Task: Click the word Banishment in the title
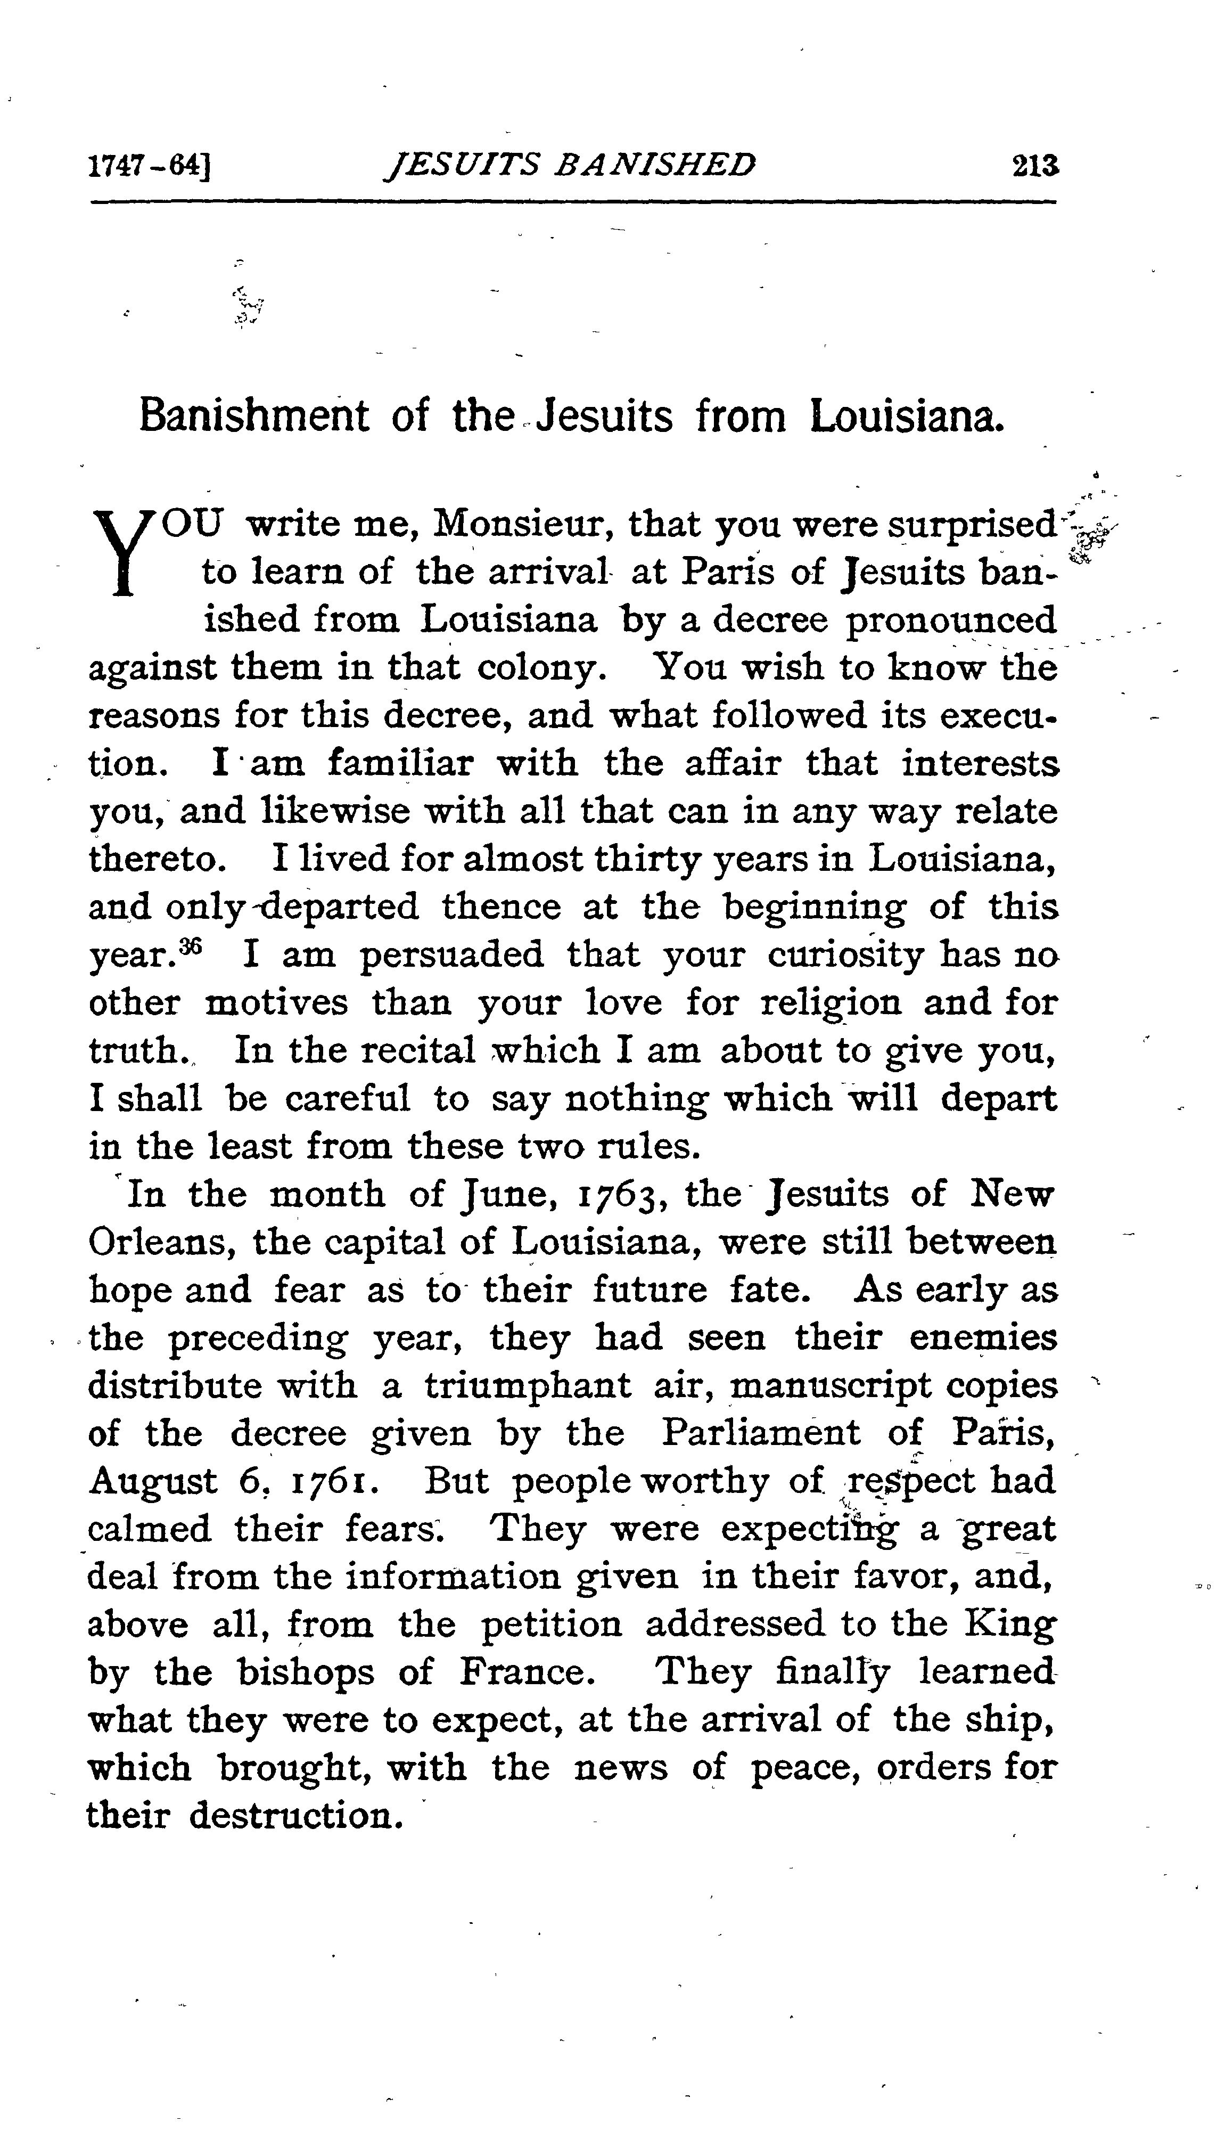pos(253,417)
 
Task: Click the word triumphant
pos(528,1386)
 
